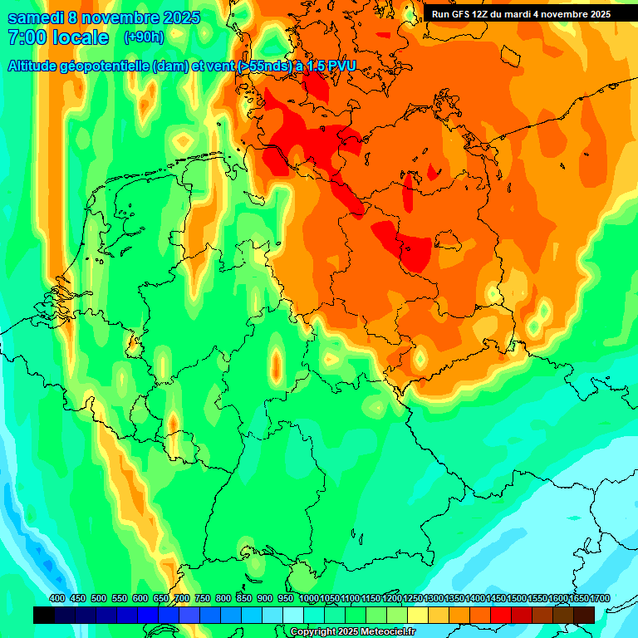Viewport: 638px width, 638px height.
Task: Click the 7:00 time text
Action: click(25, 38)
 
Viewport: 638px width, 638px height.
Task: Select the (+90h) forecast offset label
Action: click(144, 37)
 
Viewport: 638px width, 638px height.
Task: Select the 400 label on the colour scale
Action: click(57, 598)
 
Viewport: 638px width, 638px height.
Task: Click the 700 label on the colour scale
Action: click(182, 598)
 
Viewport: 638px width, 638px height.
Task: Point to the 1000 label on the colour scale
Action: click(308, 598)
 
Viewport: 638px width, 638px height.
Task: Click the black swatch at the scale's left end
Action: click(44, 615)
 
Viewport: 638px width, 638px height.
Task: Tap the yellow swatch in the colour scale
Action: click(418, 615)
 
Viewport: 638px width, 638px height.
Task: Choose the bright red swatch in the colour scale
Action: click(501, 615)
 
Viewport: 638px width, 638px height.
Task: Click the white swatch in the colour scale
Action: click(293, 615)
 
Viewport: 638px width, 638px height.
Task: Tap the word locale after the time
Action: click(80, 38)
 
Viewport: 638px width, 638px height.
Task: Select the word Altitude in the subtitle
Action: click(32, 66)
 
